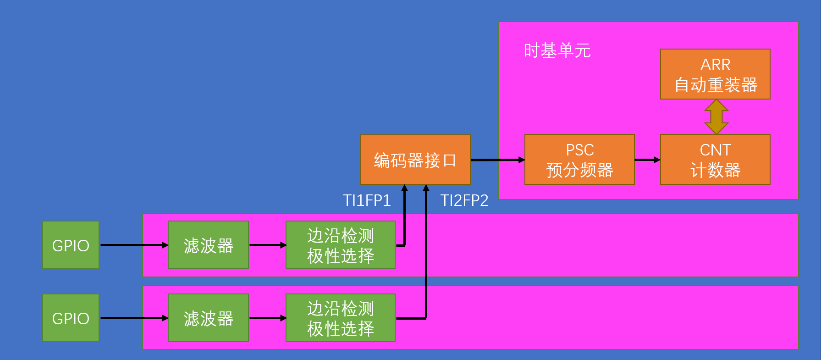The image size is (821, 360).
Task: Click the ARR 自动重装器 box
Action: click(715, 74)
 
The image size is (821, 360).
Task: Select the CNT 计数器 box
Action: click(715, 160)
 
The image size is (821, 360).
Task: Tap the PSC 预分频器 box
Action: click(579, 160)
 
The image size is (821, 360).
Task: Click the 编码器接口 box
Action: click(415, 160)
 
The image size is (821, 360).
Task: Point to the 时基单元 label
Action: click(557, 50)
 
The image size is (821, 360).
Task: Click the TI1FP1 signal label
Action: click(367, 200)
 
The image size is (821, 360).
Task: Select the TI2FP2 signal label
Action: click(464, 200)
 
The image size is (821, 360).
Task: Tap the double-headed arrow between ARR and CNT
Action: click(716, 116)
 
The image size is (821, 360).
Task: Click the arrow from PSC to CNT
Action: click(647, 160)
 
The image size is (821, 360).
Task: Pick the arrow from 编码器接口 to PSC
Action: click(497, 160)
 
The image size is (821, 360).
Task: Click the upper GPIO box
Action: click(71, 245)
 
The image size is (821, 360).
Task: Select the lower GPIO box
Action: click(71, 318)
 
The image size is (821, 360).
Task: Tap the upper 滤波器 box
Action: click(208, 245)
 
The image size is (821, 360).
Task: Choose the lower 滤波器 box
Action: click(208, 318)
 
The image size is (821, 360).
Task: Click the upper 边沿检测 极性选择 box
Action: click(340, 245)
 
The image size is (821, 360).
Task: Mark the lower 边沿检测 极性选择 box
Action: click(340, 318)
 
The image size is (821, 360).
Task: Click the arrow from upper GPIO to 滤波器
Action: click(133, 245)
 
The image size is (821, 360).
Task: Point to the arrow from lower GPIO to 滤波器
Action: click(133, 318)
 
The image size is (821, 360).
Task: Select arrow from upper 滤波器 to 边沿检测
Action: click(267, 245)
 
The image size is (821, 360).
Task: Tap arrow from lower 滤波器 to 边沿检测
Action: click(267, 318)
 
